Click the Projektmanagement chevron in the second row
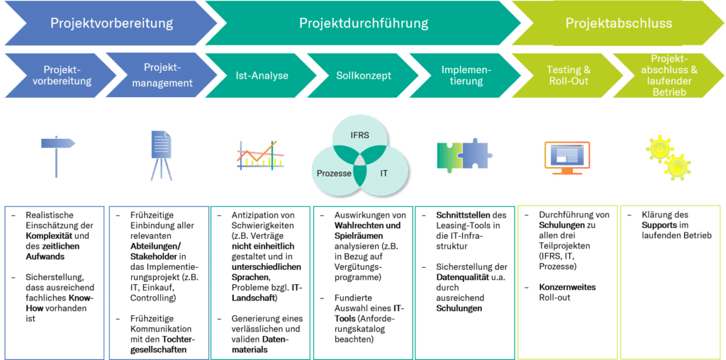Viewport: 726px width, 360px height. click(x=157, y=75)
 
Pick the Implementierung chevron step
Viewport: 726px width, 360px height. click(x=464, y=75)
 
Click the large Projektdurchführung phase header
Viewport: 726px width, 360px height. click(x=364, y=23)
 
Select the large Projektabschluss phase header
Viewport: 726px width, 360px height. click(x=618, y=23)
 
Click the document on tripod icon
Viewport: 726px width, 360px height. click(x=161, y=155)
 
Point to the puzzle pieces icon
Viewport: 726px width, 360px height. click(x=464, y=154)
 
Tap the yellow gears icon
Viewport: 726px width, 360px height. click(x=665, y=154)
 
